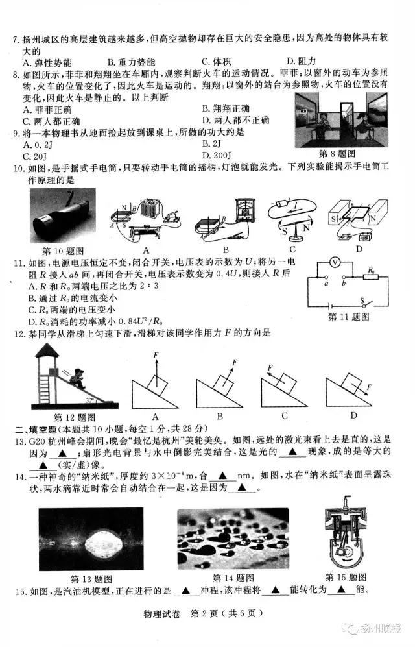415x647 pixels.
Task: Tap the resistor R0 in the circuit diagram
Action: (372, 275)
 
